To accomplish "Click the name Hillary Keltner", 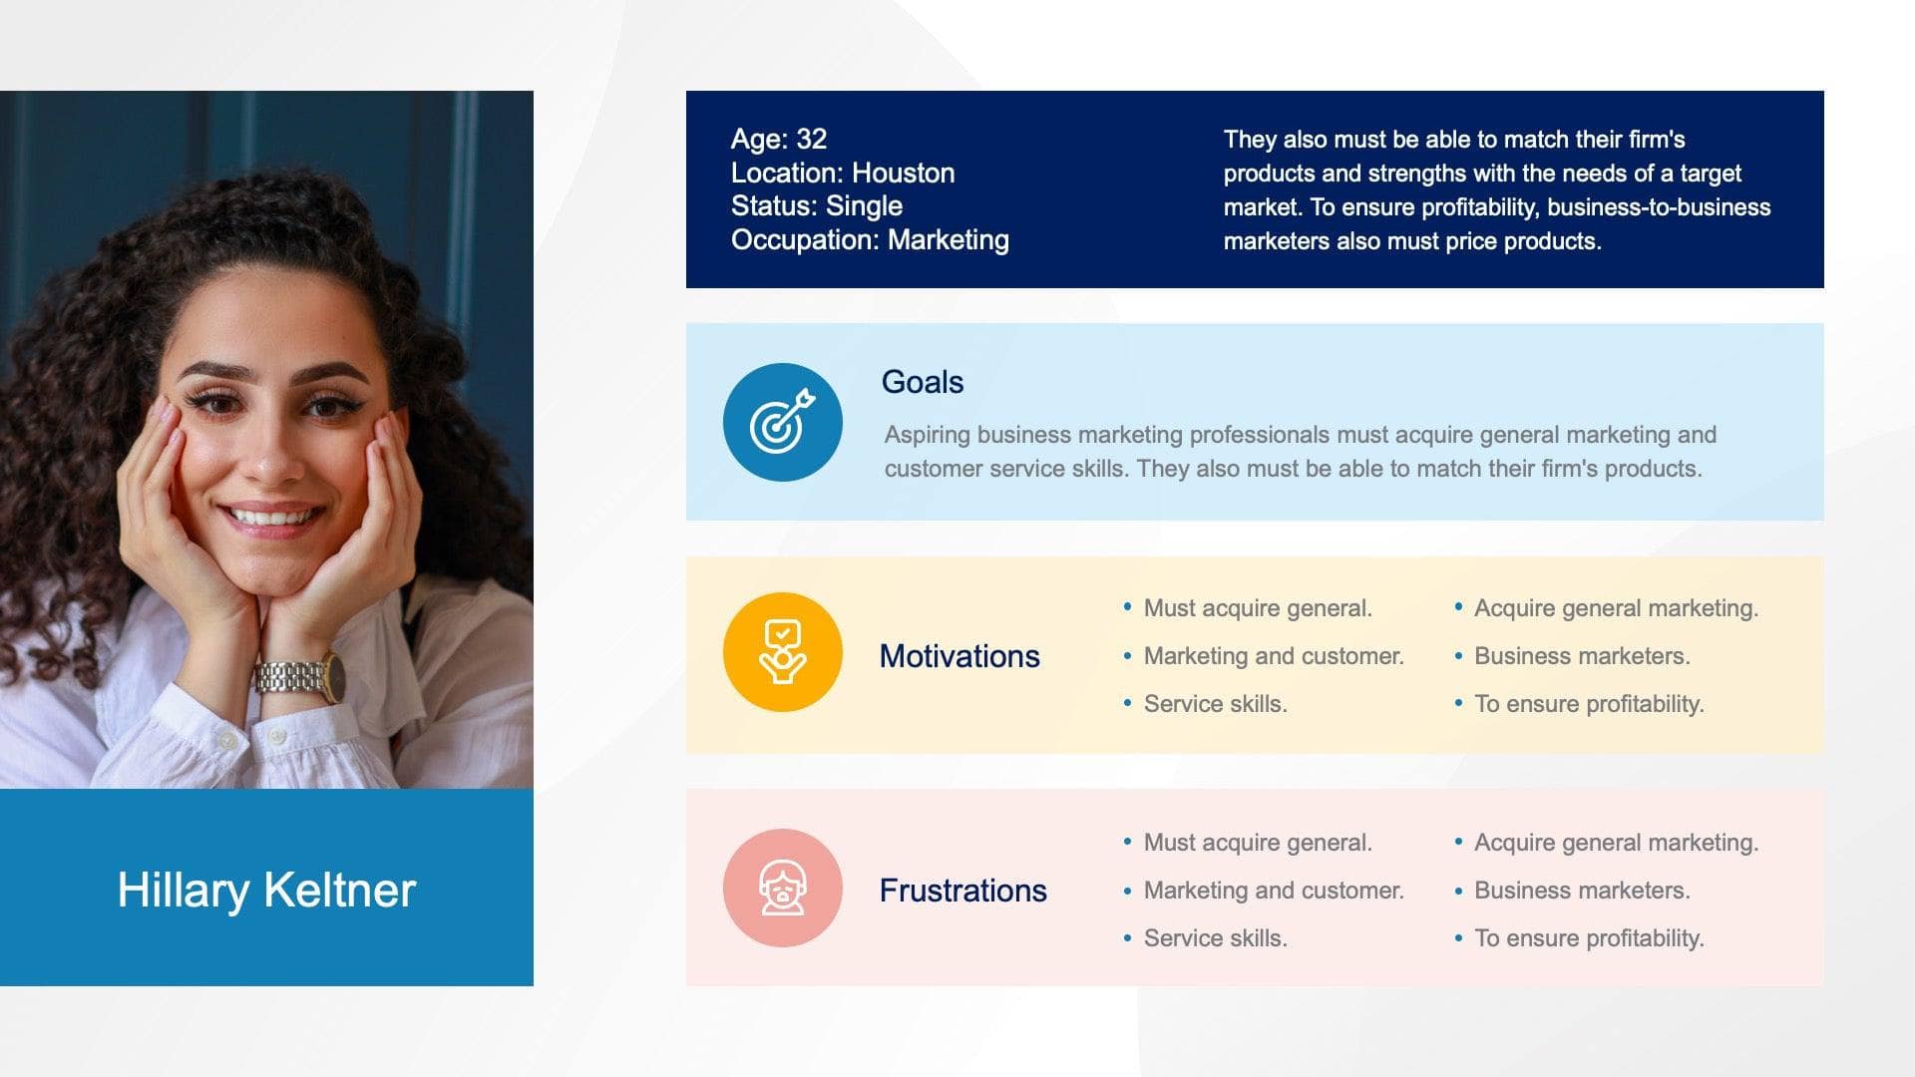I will (266, 890).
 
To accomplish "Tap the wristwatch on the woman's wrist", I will (299, 679).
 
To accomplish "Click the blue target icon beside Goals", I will (782, 423).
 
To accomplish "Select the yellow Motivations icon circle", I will (782, 652).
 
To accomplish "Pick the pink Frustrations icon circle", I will (782, 888).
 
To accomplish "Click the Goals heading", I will (922, 382).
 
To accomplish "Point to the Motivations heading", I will (958, 656).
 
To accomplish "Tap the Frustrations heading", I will (962, 891).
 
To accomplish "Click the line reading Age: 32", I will (778, 140).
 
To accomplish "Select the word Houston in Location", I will (903, 174).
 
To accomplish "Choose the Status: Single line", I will (816, 206).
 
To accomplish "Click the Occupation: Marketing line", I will (869, 240).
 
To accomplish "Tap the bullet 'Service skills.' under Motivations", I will (1215, 704).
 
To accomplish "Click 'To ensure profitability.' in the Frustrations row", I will (1589, 938).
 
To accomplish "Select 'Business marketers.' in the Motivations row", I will (1582, 656).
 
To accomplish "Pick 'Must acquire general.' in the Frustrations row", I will (1258, 843).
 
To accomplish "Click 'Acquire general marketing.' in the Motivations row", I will (1616, 608).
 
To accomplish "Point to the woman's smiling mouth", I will (271, 518).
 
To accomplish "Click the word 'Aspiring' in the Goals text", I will (927, 435).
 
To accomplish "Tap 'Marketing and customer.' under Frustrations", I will (1273, 891).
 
